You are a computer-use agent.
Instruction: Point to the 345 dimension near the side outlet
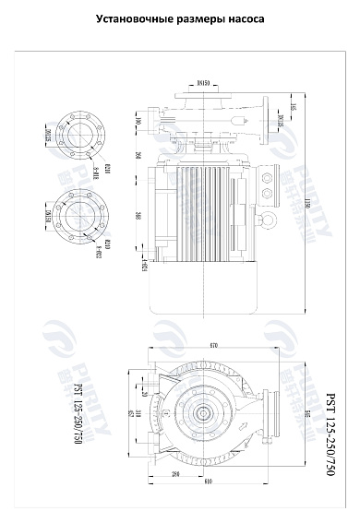[294, 108]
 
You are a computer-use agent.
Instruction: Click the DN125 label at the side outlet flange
[280, 123]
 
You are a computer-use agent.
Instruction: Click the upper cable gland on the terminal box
[270, 173]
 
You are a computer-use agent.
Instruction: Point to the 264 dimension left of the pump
[138, 155]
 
